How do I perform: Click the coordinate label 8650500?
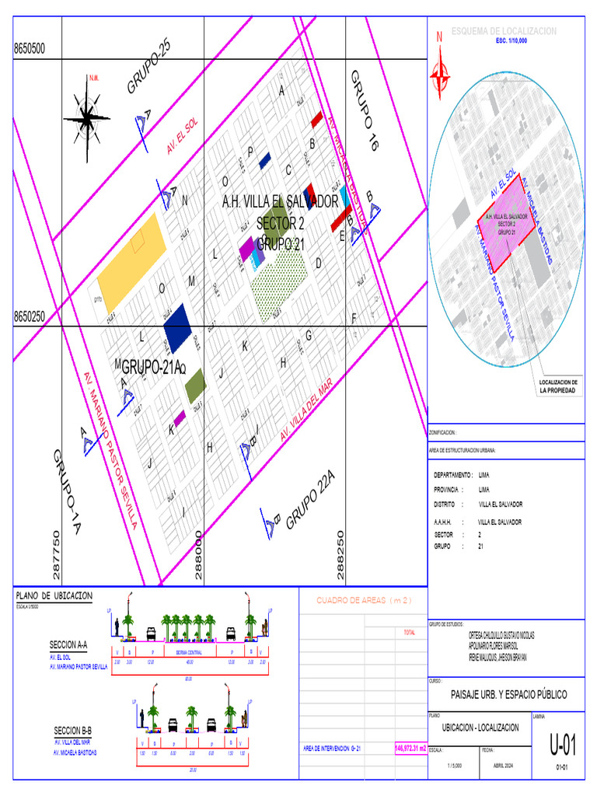(x=30, y=49)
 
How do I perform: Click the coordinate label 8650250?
(x=30, y=317)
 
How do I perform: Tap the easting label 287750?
(x=55, y=555)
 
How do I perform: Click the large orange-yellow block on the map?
(x=131, y=260)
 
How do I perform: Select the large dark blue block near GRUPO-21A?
(x=177, y=327)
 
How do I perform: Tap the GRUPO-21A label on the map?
(x=152, y=367)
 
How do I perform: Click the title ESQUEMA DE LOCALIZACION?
(x=504, y=31)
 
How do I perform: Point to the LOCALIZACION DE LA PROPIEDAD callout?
(x=557, y=386)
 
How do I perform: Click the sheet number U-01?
(x=563, y=747)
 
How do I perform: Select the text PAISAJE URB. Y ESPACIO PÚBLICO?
(x=509, y=694)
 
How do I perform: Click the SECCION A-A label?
(x=68, y=645)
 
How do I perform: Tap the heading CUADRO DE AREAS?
(x=362, y=600)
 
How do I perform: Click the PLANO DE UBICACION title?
(x=54, y=595)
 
